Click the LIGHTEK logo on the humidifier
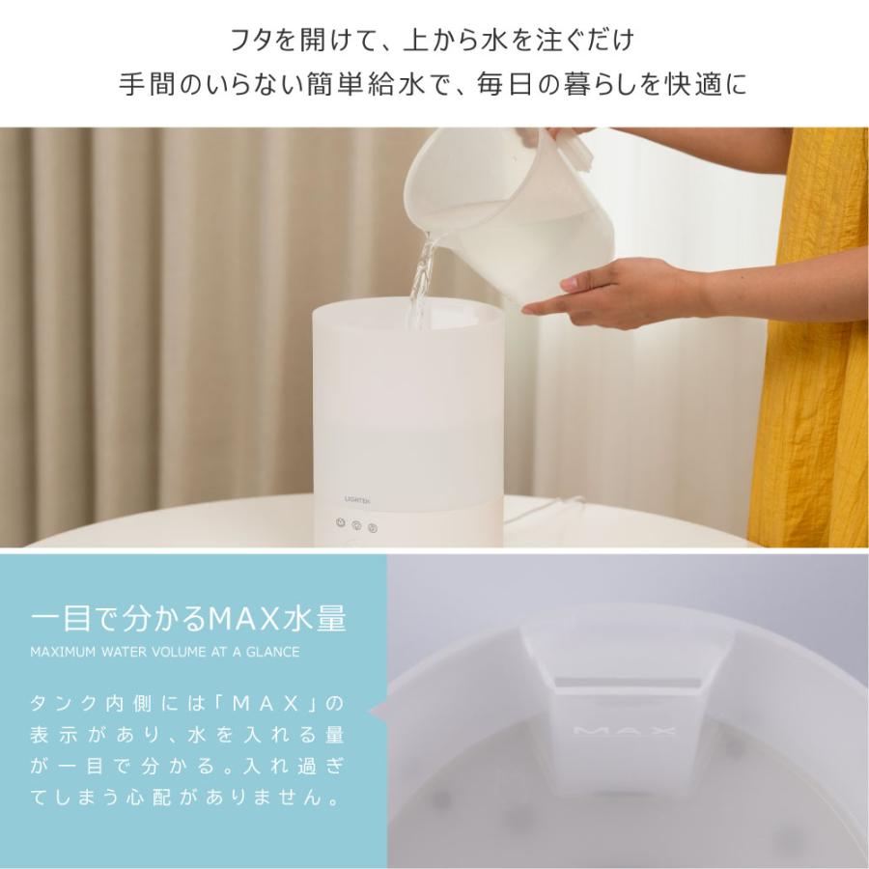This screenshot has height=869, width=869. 357,500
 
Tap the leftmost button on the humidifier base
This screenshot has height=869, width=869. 340,522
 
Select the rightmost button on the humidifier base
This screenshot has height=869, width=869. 373,527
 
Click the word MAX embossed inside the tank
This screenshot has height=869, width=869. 624,731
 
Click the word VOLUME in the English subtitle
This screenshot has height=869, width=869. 179,652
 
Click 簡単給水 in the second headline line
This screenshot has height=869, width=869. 366,85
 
